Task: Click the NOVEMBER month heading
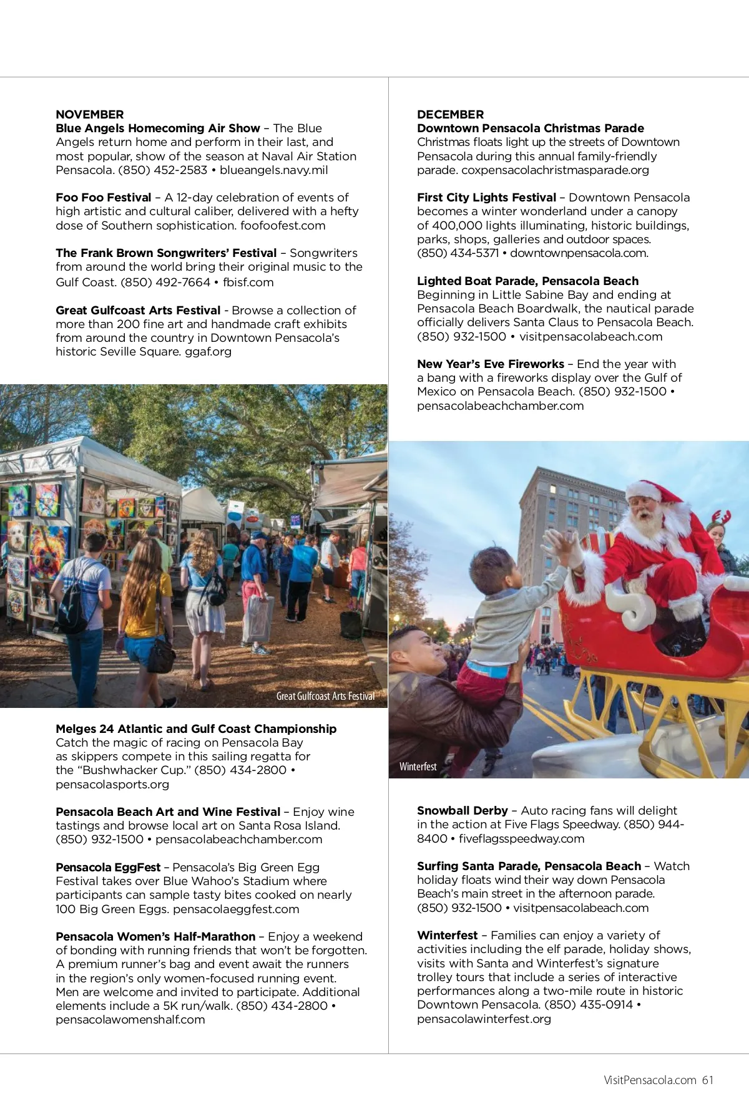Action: [x=89, y=114]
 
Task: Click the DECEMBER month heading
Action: [x=450, y=114]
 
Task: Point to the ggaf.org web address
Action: [x=208, y=351]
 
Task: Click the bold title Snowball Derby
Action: [x=462, y=810]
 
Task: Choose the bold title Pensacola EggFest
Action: [x=108, y=867]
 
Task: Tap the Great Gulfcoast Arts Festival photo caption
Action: [x=325, y=696]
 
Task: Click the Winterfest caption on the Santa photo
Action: [x=418, y=767]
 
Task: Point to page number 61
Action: [x=707, y=1080]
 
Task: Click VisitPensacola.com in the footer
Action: [x=650, y=1080]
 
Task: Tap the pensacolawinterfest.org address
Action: [x=484, y=1019]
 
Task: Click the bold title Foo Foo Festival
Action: [x=103, y=197]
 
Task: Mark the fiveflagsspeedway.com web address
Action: [x=521, y=838]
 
